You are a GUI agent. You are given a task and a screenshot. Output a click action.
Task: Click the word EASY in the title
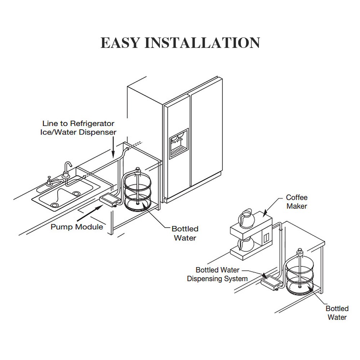coord(120,43)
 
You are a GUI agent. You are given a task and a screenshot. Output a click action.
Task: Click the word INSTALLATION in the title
coord(202,43)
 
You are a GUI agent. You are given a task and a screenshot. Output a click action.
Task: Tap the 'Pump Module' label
coord(77,227)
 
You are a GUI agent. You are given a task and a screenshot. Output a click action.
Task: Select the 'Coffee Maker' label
coord(297,202)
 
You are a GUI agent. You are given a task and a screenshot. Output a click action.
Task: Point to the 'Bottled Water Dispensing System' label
coord(217,274)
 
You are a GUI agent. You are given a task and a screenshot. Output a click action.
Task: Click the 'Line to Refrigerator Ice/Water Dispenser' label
coord(78,128)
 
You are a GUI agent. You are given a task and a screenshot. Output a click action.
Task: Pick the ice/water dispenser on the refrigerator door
coord(179,144)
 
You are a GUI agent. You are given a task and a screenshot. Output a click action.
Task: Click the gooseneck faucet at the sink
coord(67,170)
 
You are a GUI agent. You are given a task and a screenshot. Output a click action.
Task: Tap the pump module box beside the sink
coord(109,200)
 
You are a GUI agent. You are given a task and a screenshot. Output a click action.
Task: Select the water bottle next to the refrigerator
coord(138,190)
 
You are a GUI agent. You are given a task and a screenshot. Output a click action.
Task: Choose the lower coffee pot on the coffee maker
coord(246,244)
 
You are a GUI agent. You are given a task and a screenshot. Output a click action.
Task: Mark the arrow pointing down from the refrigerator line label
coord(113,147)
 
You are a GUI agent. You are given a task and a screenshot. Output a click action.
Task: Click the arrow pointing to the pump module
coord(90,213)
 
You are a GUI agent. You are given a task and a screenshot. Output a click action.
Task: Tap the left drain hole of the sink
coord(55,205)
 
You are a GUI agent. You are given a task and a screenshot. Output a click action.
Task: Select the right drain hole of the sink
coord(76,193)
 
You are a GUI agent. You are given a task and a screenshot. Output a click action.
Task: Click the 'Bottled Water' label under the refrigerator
coord(185,233)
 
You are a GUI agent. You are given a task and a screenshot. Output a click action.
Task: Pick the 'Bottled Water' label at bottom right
coord(337,313)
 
